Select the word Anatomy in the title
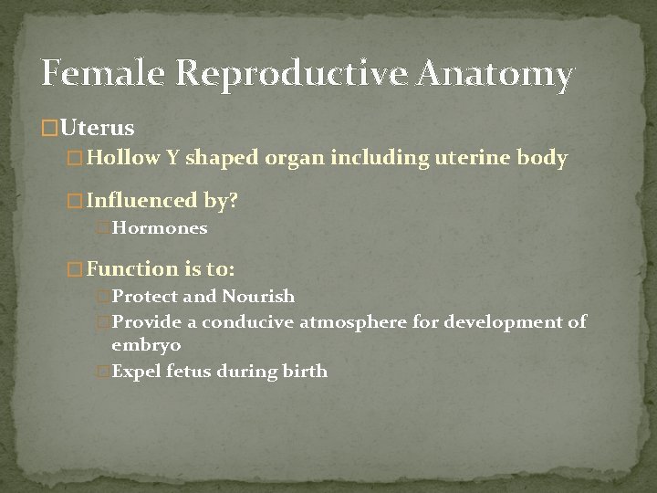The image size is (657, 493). (497, 75)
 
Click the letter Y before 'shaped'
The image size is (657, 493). (172, 158)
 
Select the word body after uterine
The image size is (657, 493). (544, 158)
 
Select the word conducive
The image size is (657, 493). (248, 323)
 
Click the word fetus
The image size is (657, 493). (181, 372)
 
